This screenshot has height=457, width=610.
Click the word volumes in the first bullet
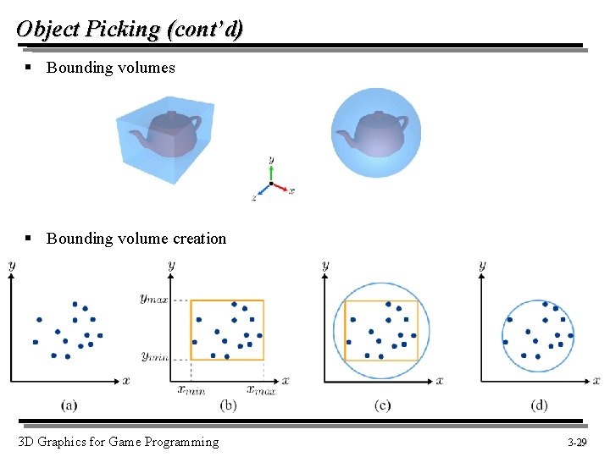tap(146, 68)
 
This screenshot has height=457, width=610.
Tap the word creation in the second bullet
tap(199, 239)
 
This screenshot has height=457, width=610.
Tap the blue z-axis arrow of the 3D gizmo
tap(261, 191)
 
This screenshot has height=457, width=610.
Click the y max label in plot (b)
tap(154, 298)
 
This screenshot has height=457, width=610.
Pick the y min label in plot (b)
tap(154, 357)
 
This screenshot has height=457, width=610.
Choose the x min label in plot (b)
tap(191, 389)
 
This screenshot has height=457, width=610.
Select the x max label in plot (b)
tap(261, 389)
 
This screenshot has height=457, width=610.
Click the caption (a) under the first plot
tap(69, 405)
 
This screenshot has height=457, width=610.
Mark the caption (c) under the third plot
tap(382, 405)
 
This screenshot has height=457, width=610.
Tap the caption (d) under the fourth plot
tap(539, 405)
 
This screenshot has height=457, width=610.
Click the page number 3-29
tap(577, 443)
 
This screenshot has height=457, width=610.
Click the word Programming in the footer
tap(180, 442)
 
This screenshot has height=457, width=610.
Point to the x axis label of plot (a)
tap(126, 381)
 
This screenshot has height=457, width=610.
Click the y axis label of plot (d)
tap(482, 266)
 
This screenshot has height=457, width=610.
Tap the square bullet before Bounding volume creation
tap(28, 239)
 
